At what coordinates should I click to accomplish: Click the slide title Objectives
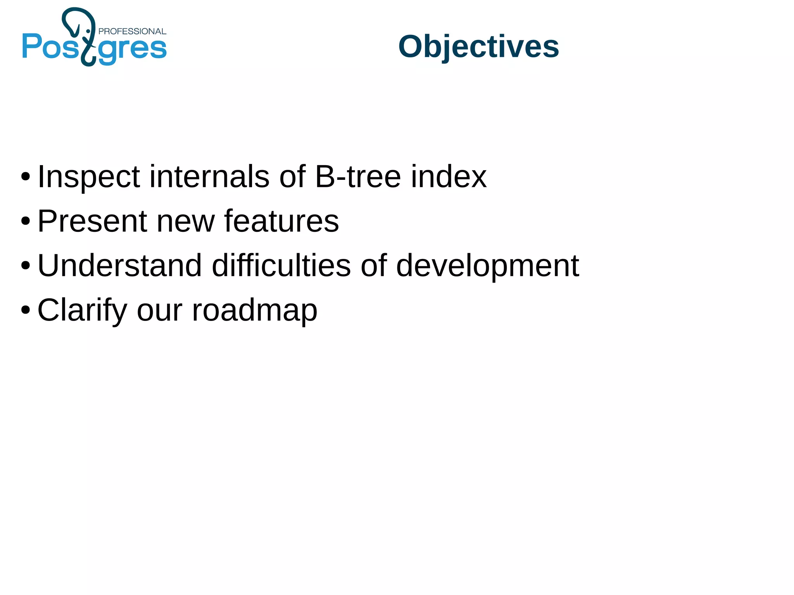[x=478, y=47]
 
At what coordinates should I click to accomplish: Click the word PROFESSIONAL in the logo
[x=132, y=31]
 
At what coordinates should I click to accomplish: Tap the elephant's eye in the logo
[x=88, y=31]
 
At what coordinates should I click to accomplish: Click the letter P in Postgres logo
[x=32, y=46]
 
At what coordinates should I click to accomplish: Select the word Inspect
[x=88, y=177]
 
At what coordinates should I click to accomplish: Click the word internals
[x=209, y=176]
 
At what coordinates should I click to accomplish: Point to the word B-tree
[x=357, y=176]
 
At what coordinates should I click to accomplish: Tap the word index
[x=449, y=176]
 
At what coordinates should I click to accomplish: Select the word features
[x=281, y=221]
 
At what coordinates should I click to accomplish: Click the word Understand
[x=119, y=266]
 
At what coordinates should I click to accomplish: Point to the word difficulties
[x=281, y=266]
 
